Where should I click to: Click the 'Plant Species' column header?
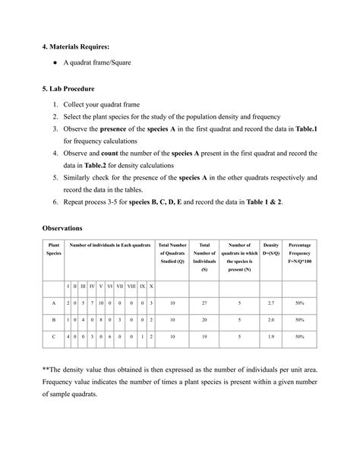(x=54, y=249)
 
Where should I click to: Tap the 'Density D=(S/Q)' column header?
(x=271, y=249)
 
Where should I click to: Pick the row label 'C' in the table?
(x=54, y=335)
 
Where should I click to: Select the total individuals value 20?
(x=204, y=319)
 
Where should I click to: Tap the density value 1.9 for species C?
(x=271, y=335)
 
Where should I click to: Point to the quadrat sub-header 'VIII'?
(x=131, y=286)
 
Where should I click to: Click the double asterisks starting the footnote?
(x=46, y=368)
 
